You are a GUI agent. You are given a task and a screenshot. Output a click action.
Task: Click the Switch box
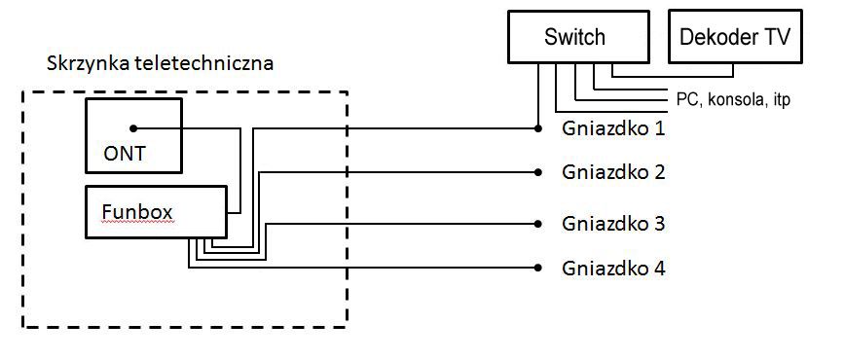coord(573,38)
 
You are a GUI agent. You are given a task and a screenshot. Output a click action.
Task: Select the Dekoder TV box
coord(735,38)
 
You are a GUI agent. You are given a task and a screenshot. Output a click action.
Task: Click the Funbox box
coord(156,211)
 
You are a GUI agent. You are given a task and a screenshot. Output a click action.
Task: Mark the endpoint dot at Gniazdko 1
coord(537,128)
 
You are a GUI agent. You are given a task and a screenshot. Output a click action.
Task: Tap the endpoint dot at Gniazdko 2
coord(537,172)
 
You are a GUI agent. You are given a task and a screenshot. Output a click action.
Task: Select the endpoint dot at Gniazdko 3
coord(537,224)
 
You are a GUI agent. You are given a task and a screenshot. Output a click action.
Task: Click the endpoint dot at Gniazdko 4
coord(537,268)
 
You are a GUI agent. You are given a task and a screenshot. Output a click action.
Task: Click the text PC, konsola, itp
coord(732,99)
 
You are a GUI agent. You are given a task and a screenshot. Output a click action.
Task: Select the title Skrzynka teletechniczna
coord(160,64)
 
